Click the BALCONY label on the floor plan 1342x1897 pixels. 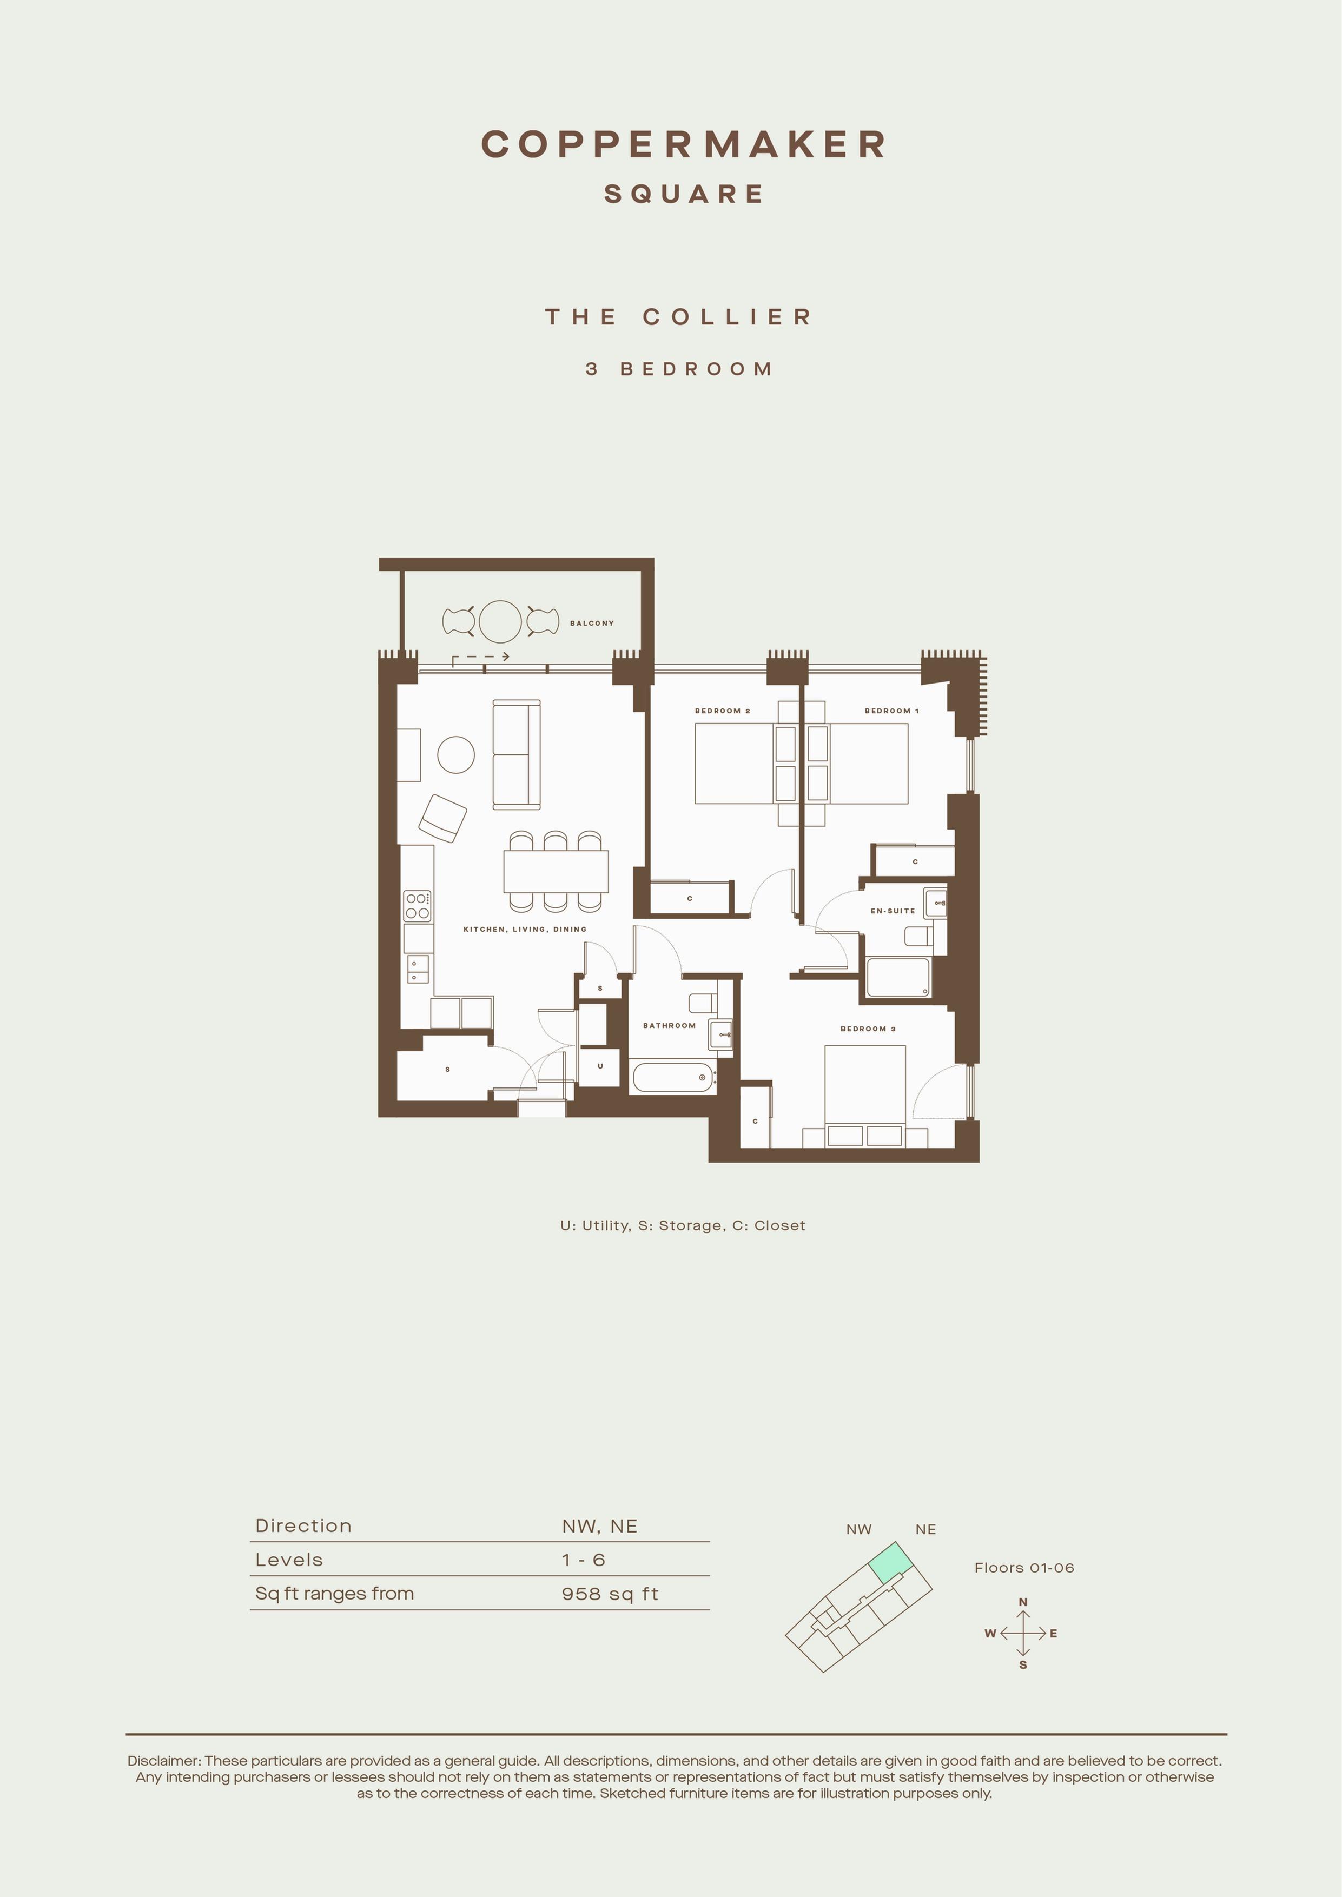click(592, 623)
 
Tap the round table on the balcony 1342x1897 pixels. click(500, 622)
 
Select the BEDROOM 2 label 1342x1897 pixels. click(722, 711)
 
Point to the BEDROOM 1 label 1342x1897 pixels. click(891, 711)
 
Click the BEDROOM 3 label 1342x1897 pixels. click(868, 1029)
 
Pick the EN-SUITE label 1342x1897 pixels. click(893, 911)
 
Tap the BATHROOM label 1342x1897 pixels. click(669, 1025)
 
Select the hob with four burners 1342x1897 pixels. click(417, 906)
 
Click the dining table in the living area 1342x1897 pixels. click(556, 871)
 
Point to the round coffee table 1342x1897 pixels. click(455, 754)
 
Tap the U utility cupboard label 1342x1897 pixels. click(600, 1066)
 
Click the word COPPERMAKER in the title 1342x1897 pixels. click(683, 144)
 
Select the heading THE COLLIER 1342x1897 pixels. click(678, 316)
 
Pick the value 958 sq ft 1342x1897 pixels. click(610, 1594)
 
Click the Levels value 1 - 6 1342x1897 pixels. click(584, 1560)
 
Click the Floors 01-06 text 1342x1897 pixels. click(1024, 1567)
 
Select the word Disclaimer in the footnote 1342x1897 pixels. click(163, 1761)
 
